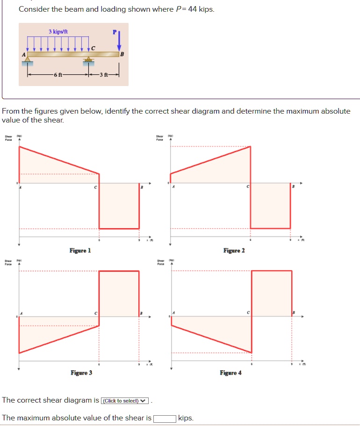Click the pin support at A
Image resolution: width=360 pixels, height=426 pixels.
point(28,59)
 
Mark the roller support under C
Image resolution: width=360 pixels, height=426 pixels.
point(88,60)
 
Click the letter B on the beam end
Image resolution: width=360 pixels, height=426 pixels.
point(122,54)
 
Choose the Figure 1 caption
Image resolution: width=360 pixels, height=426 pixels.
point(80,251)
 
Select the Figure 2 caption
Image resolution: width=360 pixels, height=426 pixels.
point(234,251)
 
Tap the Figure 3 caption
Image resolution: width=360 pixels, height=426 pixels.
point(81,373)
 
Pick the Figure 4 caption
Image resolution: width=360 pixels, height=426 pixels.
point(230,373)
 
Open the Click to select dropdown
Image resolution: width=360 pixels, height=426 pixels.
point(125,401)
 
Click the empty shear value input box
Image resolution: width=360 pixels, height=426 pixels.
point(165,418)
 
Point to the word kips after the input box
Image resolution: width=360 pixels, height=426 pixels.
point(186,418)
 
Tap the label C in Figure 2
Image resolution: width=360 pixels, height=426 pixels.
point(248,187)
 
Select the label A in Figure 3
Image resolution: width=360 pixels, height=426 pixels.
point(21,312)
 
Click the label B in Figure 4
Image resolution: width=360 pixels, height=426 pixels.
point(293,312)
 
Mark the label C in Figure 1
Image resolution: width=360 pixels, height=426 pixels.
point(95,187)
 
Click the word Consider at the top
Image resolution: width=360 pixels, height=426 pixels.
point(33,9)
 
